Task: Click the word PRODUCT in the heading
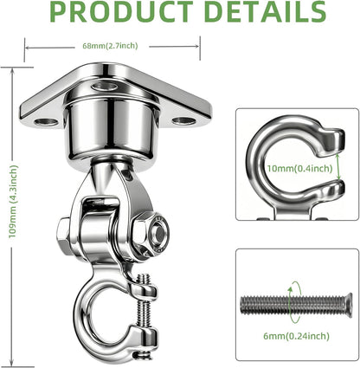(x=121, y=11)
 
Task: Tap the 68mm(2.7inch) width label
(x=110, y=46)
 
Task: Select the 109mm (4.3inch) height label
(x=13, y=202)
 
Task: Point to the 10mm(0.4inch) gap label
(x=299, y=168)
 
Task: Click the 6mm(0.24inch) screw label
(x=296, y=336)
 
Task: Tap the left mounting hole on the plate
(x=46, y=122)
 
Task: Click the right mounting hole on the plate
(x=184, y=121)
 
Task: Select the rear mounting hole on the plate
(x=105, y=86)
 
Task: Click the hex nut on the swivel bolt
(x=151, y=233)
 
